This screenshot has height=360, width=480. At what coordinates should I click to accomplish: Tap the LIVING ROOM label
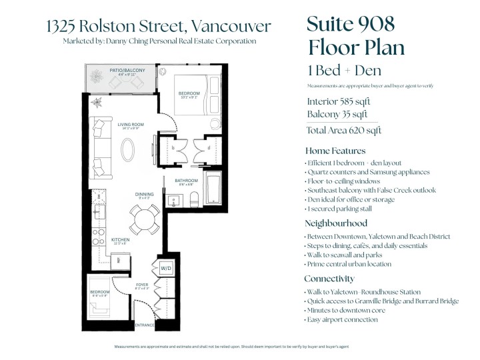point(132,124)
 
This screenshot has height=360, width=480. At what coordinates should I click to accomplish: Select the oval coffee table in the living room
point(131,147)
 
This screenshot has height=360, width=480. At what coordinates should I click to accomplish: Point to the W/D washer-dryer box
point(165,269)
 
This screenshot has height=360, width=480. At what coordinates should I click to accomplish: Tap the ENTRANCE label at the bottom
point(145,325)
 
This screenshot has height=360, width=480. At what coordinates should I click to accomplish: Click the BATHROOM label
point(187,181)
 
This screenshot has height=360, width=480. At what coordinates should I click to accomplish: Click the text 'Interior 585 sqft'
point(338,102)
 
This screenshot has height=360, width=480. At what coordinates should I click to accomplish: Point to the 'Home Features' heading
point(335,151)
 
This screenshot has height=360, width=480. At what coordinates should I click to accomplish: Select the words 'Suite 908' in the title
point(351,23)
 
